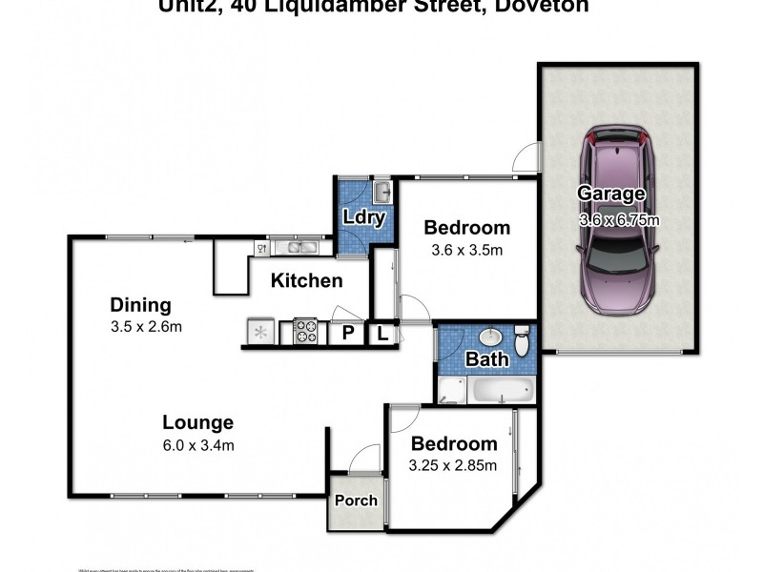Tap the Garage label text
click(x=611, y=194)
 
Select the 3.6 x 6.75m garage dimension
click(x=619, y=220)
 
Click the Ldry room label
click(x=363, y=217)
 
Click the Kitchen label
click(x=306, y=280)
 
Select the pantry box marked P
click(x=348, y=334)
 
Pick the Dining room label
click(x=140, y=305)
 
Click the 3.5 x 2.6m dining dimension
click(x=146, y=327)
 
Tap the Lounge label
click(x=197, y=422)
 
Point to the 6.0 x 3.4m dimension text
click(x=198, y=444)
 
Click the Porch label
click(x=356, y=500)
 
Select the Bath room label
click(x=486, y=359)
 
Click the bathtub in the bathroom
click(x=503, y=391)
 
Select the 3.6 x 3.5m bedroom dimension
click(x=467, y=251)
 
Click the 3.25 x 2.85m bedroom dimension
click(x=454, y=466)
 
